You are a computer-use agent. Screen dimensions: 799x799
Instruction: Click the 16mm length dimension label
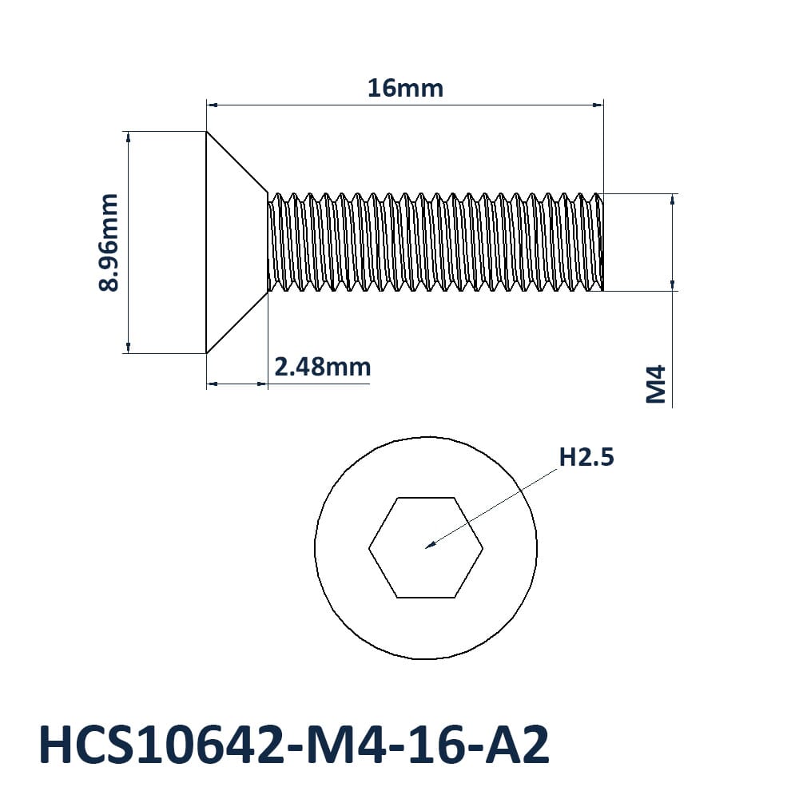[405, 88]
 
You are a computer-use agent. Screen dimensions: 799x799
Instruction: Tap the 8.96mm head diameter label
[108, 242]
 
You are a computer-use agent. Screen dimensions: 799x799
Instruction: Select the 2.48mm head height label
[323, 367]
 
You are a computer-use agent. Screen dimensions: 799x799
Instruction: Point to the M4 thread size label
[656, 384]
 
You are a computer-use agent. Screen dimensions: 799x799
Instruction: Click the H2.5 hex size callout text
[586, 457]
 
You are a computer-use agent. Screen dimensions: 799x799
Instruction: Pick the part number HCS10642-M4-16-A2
[294, 745]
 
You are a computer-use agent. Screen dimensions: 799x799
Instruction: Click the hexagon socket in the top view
[426, 547]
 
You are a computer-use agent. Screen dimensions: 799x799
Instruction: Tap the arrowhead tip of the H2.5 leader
[426, 548]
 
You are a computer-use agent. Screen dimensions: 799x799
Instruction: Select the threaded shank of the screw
[435, 242]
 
